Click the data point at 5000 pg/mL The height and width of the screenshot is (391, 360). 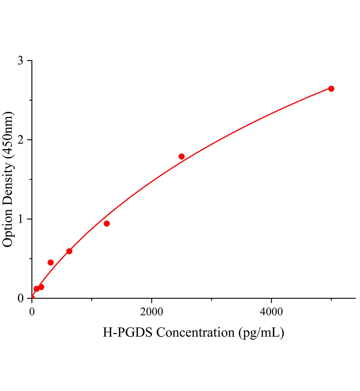(331, 89)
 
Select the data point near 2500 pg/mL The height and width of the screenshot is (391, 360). (182, 156)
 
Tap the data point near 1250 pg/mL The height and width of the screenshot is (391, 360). (107, 224)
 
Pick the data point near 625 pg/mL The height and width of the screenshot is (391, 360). (69, 251)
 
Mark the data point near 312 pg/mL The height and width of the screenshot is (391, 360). (51, 263)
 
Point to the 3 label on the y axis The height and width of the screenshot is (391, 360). (21, 61)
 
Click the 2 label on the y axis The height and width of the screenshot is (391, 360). (21, 140)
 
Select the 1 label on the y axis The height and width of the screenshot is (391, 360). (21, 219)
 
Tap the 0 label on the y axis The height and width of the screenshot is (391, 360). (21, 298)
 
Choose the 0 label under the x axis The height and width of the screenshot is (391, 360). (32, 311)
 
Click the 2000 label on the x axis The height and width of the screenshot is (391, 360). (152, 311)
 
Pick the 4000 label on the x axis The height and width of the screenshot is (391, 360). (271, 311)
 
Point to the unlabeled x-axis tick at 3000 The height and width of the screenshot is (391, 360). (212, 299)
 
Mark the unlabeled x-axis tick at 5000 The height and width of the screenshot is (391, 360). (331, 299)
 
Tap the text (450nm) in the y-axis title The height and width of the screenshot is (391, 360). (8, 135)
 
